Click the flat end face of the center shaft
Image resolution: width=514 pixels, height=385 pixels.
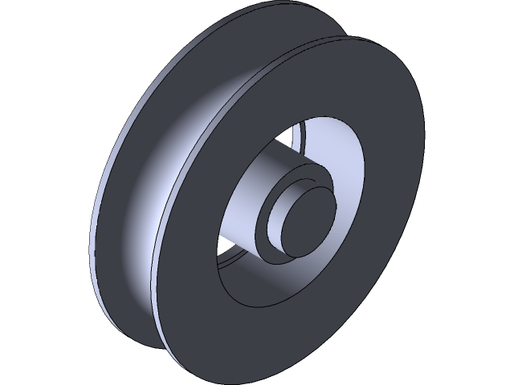coord(304,217)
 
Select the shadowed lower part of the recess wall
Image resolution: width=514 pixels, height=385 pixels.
coord(281,281)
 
